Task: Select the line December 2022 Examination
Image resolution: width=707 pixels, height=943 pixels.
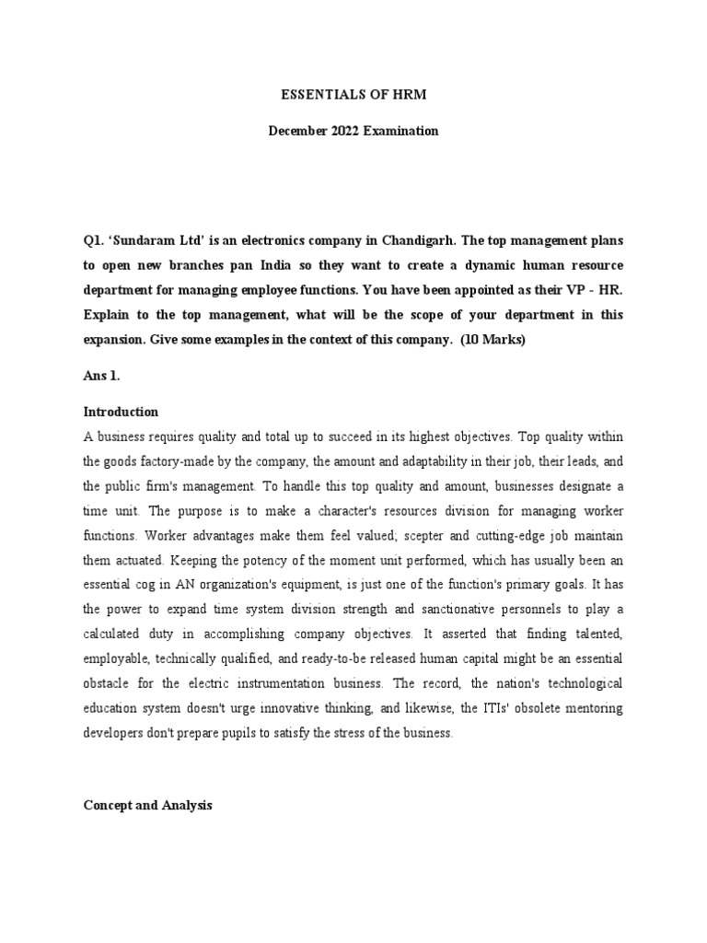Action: pyautogui.click(x=353, y=131)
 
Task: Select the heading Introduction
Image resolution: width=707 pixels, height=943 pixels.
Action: pyautogui.click(x=121, y=412)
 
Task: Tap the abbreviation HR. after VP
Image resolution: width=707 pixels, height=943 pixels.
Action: pyautogui.click(x=608, y=290)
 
